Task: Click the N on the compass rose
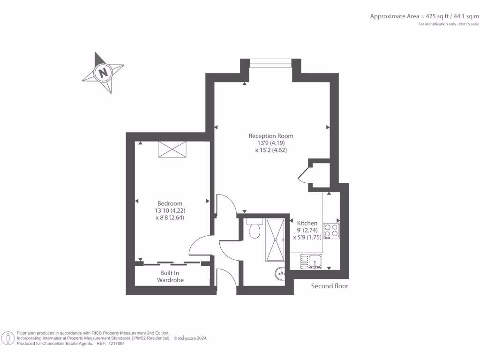tap(102, 73)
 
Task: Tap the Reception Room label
tap(271, 136)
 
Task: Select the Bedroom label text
tap(170, 203)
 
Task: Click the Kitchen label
tap(307, 223)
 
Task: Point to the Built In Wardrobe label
tap(170, 277)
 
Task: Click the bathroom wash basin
tap(280, 273)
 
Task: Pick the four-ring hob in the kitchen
tap(331, 230)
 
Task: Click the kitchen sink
tap(310, 261)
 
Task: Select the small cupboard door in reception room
tap(303, 175)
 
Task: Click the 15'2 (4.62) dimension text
tap(271, 150)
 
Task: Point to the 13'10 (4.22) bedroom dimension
tap(170, 210)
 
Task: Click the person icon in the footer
tap(8, 338)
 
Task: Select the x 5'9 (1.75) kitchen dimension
tap(307, 237)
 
